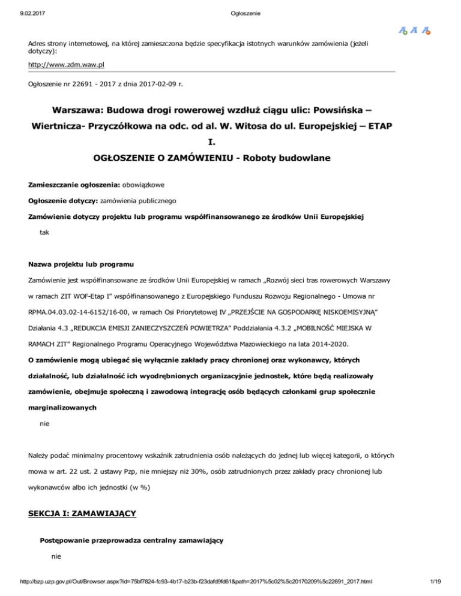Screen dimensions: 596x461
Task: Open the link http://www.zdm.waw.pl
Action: click(68, 62)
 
